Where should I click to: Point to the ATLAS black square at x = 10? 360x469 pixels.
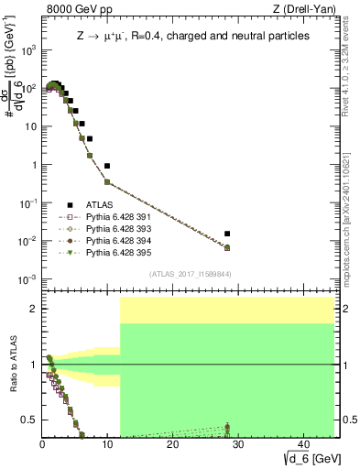(107, 166)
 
